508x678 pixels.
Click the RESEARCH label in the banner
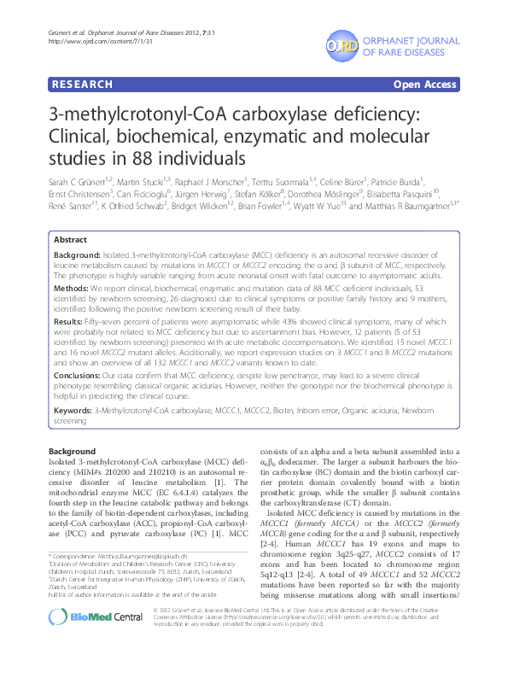click(x=82, y=85)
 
